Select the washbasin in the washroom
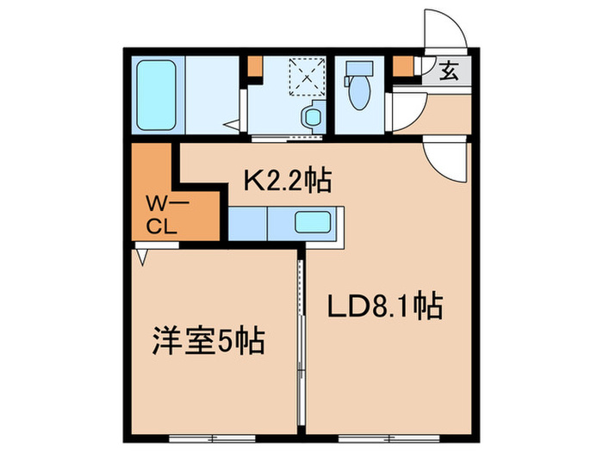coord(310,115)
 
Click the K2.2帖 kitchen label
coord(287,182)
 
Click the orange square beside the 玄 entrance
coord(401,65)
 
